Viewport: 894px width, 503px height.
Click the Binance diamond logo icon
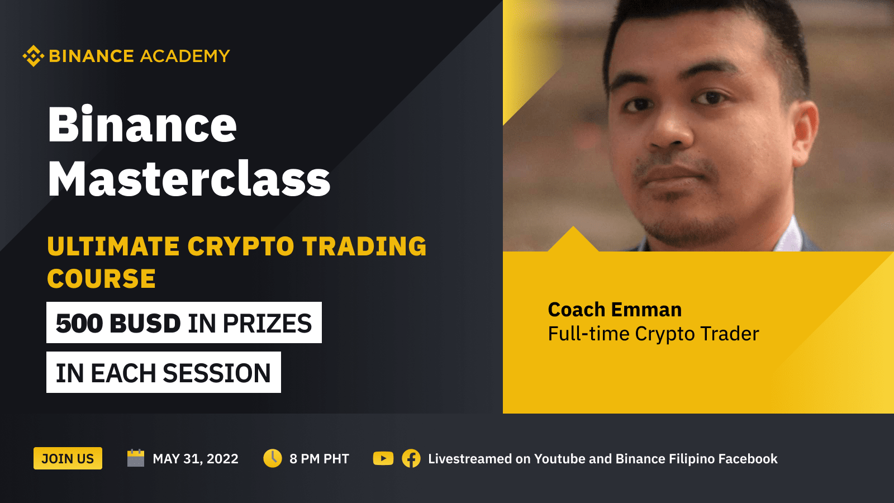coord(33,56)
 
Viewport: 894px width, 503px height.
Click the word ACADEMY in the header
coord(185,56)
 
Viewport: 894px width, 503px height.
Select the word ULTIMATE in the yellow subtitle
coord(113,246)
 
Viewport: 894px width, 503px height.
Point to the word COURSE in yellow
coord(101,278)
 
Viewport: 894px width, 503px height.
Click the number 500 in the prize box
coord(79,323)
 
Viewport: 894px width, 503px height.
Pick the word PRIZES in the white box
coord(267,323)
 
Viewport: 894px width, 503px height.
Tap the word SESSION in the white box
coord(217,373)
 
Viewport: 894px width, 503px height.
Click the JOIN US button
coord(68,458)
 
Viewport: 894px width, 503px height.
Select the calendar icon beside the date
coord(136,458)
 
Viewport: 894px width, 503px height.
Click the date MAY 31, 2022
coord(196,459)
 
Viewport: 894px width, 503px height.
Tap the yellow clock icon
coord(273,458)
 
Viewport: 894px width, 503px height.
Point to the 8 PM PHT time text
coord(319,459)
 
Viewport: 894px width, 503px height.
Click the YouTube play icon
coord(383,458)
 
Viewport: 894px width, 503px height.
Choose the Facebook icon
coord(411,458)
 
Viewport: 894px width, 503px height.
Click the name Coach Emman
coord(615,310)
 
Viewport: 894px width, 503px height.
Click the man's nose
coord(670,128)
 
